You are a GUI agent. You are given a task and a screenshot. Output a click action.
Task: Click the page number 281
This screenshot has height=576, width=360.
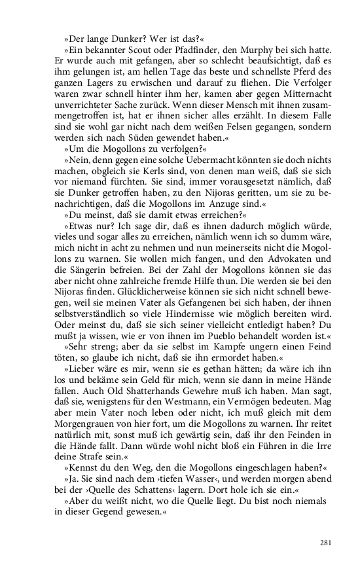point(327,543)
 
